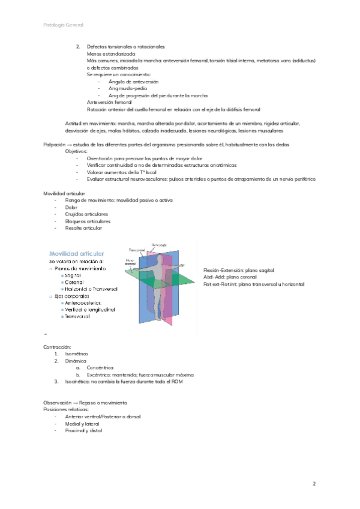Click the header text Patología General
pyautogui.click(x=64, y=25)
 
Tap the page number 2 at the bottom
pyautogui.click(x=314, y=483)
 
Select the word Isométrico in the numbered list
pyautogui.click(x=77, y=355)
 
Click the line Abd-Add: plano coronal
pyautogui.click(x=233, y=277)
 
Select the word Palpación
pyautogui.click(x=56, y=145)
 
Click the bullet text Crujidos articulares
pyautogui.click(x=86, y=214)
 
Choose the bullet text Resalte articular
pyautogui.click(x=83, y=228)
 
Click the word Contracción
pyautogui.click(x=58, y=348)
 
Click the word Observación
pyautogui.click(x=59, y=402)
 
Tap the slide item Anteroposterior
pyautogui.click(x=83, y=303)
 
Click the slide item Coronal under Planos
pyautogui.click(x=74, y=282)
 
